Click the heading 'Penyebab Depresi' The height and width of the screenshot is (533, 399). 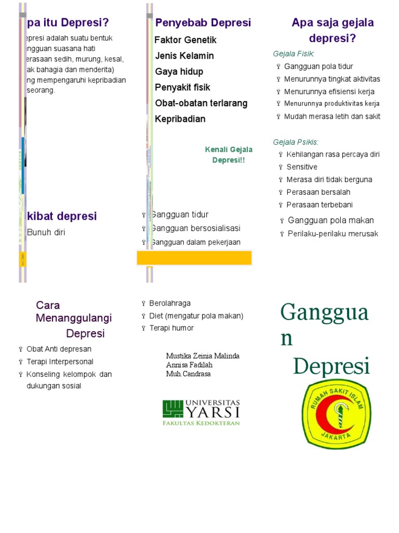pyautogui.click(x=203, y=23)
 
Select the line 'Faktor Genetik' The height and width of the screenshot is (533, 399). pyautogui.click(x=185, y=40)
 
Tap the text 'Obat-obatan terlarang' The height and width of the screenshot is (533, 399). pyautogui.click(x=201, y=103)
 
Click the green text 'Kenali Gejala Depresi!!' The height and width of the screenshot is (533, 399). pyautogui.click(x=229, y=155)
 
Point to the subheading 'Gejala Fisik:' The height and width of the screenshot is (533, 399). pyautogui.click(x=294, y=54)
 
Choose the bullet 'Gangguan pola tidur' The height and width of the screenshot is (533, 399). pyautogui.click(x=318, y=66)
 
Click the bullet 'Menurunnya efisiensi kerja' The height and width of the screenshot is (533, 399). pyautogui.click(x=329, y=92)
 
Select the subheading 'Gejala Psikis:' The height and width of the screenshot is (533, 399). pyautogui.click(x=296, y=142)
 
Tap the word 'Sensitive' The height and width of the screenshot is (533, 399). pyautogui.click(x=302, y=167)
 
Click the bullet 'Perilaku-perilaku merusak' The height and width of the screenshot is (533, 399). pyautogui.click(x=332, y=234)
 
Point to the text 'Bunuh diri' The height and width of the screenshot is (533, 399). pyautogui.click(x=46, y=233)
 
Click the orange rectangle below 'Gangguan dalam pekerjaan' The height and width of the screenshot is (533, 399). pyautogui.click(x=194, y=258)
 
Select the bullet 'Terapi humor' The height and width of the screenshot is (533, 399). pyautogui.click(x=171, y=328)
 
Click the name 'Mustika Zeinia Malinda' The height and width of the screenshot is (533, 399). pyautogui.click(x=203, y=356)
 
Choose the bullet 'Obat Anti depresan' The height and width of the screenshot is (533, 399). pyautogui.click(x=59, y=349)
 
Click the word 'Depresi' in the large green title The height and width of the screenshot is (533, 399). pyautogui.click(x=331, y=366)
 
